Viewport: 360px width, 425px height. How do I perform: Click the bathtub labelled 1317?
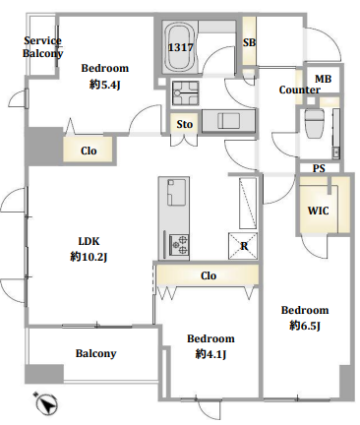(x=181, y=46)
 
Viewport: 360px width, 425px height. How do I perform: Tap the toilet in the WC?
(x=315, y=123)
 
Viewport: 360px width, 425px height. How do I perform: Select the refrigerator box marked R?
(x=243, y=245)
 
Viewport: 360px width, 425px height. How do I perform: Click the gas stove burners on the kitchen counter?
(x=179, y=245)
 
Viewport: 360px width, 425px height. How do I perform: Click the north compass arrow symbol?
(x=46, y=402)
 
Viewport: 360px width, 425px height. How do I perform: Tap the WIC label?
(x=318, y=211)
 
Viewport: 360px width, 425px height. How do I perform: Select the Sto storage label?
(x=184, y=124)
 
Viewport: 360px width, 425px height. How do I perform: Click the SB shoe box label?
(x=249, y=42)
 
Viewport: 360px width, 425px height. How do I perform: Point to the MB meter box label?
(x=323, y=79)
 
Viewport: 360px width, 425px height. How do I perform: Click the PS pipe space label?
(x=319, y=168)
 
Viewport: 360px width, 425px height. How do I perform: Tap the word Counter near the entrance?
(x=299, y=90)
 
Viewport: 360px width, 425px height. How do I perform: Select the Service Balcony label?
(x=42, y=47)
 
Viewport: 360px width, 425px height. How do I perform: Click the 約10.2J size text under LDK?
(x=89, y=257)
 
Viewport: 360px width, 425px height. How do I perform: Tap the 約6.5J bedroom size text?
(x=305, y=326)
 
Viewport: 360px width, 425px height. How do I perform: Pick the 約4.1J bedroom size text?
(x=210, y=354)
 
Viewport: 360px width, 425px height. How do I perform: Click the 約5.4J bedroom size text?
(x=104, y=85)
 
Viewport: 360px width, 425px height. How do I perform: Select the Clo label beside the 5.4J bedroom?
(x=89, y=151)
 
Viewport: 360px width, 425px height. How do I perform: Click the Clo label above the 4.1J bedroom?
(x=209, y=275)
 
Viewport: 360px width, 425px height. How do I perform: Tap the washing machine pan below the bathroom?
(x=186, y=93)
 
